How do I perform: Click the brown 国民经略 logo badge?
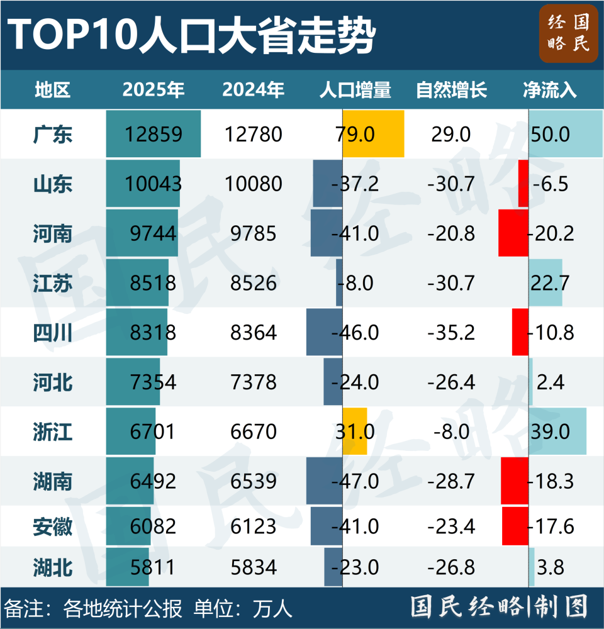(568, 35)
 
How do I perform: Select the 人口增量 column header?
(355, 90)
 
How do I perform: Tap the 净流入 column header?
(550, 90)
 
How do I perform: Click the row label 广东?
(53, 134)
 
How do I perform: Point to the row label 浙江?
(53, 431)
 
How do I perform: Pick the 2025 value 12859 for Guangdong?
(154, 134)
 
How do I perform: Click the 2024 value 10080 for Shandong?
(254, 184)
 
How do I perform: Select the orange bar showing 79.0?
(373, 134)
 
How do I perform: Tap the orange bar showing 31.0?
(355, 431)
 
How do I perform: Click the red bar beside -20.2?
(513, 233)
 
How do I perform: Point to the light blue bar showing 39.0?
(557, 431)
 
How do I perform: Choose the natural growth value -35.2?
(451, 333)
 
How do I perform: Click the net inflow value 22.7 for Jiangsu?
(550, 283)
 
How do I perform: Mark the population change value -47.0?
(356, 482)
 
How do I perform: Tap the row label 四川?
(53, 333)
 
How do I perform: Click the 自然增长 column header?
(451, 90)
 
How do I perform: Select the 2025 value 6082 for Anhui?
(154, 526)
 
